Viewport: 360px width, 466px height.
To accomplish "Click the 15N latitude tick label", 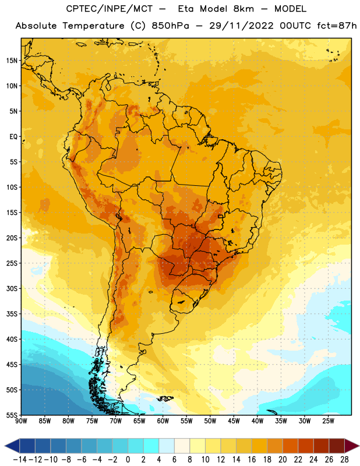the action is point(12,61).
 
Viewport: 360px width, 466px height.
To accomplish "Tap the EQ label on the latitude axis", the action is point(13,137).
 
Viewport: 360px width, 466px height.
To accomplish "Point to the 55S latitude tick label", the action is point(12,415).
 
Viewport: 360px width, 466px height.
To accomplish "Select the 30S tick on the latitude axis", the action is point(12,288).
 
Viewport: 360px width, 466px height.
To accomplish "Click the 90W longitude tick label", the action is point(21,421).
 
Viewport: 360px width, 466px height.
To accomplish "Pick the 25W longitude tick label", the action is point(328,421).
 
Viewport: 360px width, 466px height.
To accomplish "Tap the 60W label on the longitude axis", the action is point(163,421).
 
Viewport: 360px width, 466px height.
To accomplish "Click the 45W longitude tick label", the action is point(234,421).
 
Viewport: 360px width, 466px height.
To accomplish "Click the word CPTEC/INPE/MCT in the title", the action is point(109,9).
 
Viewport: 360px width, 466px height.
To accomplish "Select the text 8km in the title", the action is point(243,9).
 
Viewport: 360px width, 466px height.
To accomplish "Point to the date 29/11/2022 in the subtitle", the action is point(241,26).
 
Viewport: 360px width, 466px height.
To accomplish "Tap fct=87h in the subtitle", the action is point(337,26).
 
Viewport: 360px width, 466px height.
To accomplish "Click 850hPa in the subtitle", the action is point(170,26).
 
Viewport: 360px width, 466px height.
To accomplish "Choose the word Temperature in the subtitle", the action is point(93,26).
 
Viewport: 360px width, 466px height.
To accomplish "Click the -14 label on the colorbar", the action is point(20,460).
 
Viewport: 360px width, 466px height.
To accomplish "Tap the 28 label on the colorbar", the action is point(344,460).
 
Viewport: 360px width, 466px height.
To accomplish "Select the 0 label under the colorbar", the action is point(128,460).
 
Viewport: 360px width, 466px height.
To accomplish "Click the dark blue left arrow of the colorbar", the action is point(12,446).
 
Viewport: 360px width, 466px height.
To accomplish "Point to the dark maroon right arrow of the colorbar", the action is point(352,446).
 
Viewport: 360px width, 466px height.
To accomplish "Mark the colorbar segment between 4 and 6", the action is point(167,446).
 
